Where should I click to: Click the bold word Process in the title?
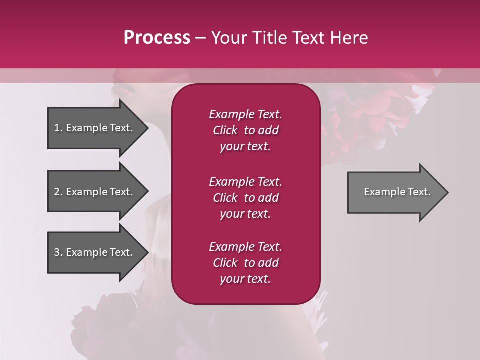click(x=157, y=38)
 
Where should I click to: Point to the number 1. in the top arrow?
click(x=58, y=128)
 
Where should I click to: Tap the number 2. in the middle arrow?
click(x=58, y=192)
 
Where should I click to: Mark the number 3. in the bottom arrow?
click(x=58, y=252)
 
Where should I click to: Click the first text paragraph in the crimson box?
click(x=245, y=130)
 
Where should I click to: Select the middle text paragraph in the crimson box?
click(x=245, y=197)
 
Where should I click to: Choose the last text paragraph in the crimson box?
click(x=245, y=263)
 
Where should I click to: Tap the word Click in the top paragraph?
click(x=225, y=130)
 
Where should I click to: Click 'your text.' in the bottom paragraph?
click(x=245, y=279)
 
